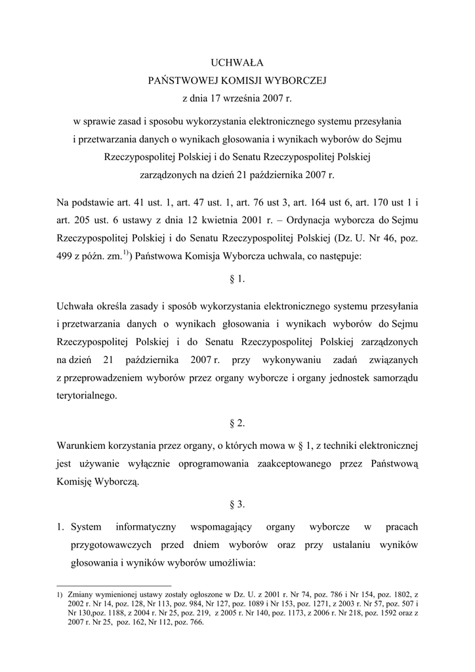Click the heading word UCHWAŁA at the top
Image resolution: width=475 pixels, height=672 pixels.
(236, 63)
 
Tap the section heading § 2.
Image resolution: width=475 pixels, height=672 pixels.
(237, 423)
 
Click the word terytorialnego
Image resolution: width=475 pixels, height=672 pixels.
(89, 396)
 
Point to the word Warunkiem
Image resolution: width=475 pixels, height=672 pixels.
(81, 446)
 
